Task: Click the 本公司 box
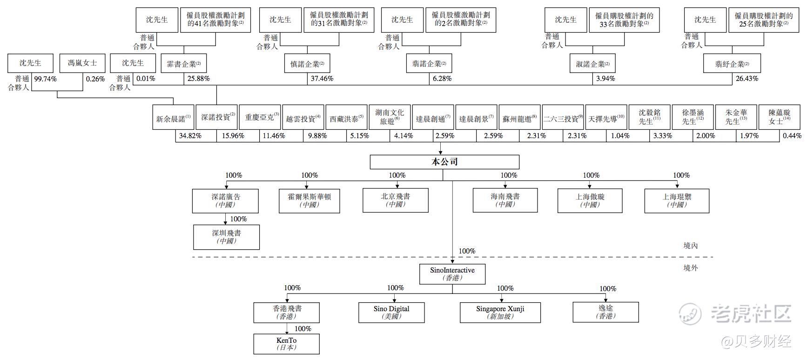tap(444, 162)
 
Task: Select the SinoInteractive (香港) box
tap(452, 274)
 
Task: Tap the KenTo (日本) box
tap(286, 344)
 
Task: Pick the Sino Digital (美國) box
tap(391, 312)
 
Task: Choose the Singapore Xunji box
tap(500, 312)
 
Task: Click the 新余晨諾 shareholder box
tap(173, 119)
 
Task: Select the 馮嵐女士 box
tap(82, 63)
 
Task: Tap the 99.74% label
tap(46, 79)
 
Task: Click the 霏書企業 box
tap(184, 64)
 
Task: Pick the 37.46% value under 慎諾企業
tap(322, 79)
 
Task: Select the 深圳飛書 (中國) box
tap(226, 237)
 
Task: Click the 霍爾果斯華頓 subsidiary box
tap(309, 200)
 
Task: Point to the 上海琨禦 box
tap(677, 200)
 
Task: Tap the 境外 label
tap(691, 268)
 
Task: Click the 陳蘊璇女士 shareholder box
tap(780, 117)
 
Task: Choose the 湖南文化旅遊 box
tap(390, 117)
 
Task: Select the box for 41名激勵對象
tap(215, 20)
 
